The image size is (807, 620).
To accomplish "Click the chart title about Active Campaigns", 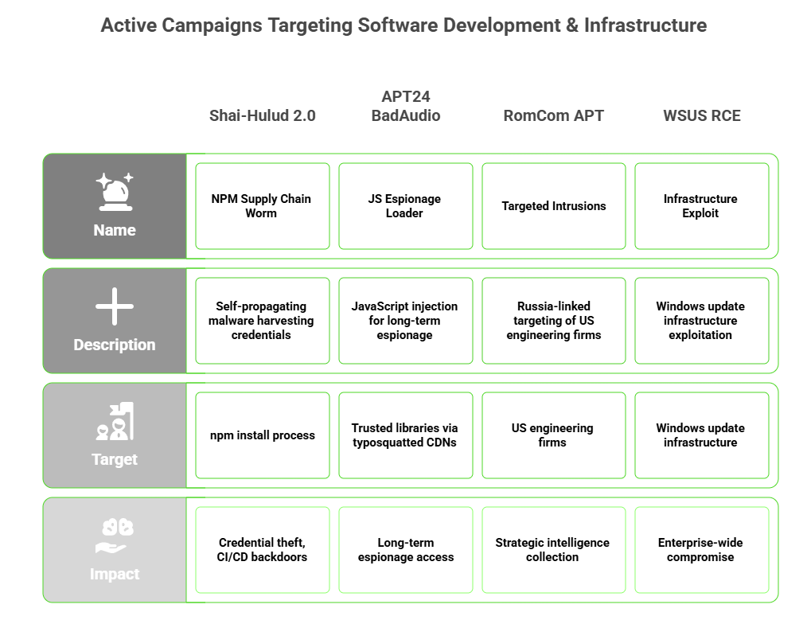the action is click(403, 25).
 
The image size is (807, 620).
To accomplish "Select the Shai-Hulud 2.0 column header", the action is click(263, 115).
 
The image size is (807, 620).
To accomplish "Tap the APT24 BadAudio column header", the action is click(406, 106).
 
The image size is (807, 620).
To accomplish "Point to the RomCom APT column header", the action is click(553, 115).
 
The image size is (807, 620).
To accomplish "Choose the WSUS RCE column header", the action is click(701, 115).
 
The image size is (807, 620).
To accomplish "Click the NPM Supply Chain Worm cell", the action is click(263, 206).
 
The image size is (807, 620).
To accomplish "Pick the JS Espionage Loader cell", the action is click(406, 206).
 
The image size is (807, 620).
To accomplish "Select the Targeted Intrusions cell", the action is click(554, 206).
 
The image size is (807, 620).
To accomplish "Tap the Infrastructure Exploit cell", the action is click(702, 206).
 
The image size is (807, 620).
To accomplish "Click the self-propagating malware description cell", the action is click(263, 321).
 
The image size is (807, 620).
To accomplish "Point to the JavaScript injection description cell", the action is click(406, 321).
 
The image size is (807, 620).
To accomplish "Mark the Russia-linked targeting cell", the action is click(554, 321).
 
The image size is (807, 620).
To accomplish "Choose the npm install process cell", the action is click(263, 435).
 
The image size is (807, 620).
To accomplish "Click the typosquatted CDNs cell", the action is click(406, 435).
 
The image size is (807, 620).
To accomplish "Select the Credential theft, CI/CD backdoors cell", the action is click(263, 550).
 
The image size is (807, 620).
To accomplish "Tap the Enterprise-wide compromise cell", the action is click(702, 550).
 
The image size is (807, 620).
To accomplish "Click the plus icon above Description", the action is click(115, 306).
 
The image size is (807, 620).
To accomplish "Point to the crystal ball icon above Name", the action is click(115, 192).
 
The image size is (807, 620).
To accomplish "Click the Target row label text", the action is click(115, 459).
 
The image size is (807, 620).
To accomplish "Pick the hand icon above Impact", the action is click(115, 536).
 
